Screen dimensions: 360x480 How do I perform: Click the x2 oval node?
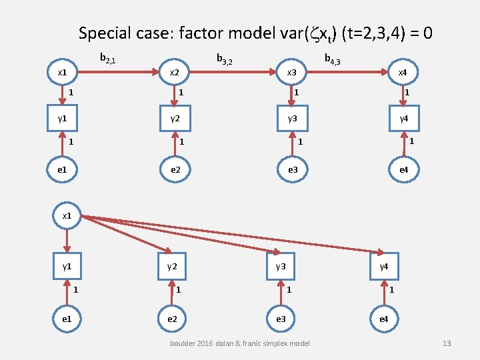point(175,71)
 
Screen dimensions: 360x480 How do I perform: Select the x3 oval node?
point(291,71)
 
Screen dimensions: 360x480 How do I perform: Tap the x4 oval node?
point(403,71)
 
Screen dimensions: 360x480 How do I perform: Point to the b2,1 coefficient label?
point(108,59)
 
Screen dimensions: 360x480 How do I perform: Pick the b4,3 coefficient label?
point(333,60)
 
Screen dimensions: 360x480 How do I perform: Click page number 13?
point(447,343)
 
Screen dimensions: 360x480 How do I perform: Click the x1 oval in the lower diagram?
point(67,216)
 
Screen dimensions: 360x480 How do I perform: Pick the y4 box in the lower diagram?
point(384,267)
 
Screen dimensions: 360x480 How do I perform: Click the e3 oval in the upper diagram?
point(291,170)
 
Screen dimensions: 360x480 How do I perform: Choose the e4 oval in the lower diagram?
point(384,319)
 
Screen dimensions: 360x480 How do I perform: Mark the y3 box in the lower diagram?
point(281,267)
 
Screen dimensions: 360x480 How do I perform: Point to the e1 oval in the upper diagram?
point(62,170)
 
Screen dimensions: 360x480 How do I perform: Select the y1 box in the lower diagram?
point(67,267)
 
